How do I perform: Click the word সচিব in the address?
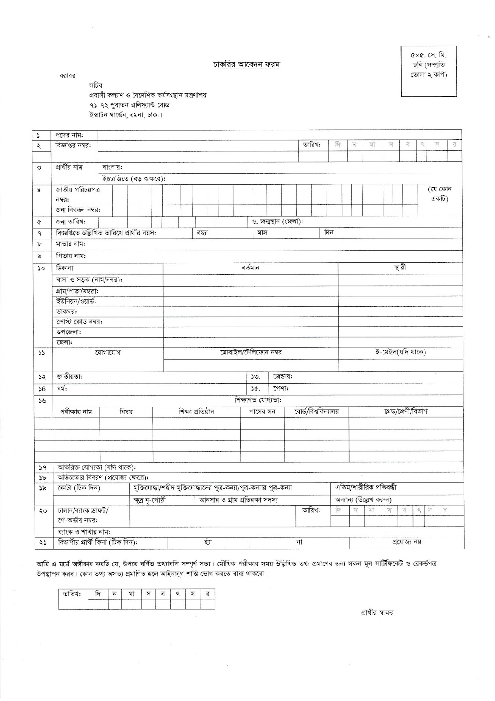95,85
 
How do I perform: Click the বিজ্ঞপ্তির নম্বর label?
73,145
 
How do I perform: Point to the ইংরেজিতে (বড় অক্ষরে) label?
133,179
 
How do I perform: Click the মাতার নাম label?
70,244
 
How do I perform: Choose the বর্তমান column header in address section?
250,268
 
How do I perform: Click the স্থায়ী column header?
400,268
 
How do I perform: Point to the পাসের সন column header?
262,411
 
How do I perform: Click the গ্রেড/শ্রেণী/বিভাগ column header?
405,411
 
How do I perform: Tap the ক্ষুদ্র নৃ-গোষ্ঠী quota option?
150,500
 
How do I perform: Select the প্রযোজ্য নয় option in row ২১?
406,542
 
